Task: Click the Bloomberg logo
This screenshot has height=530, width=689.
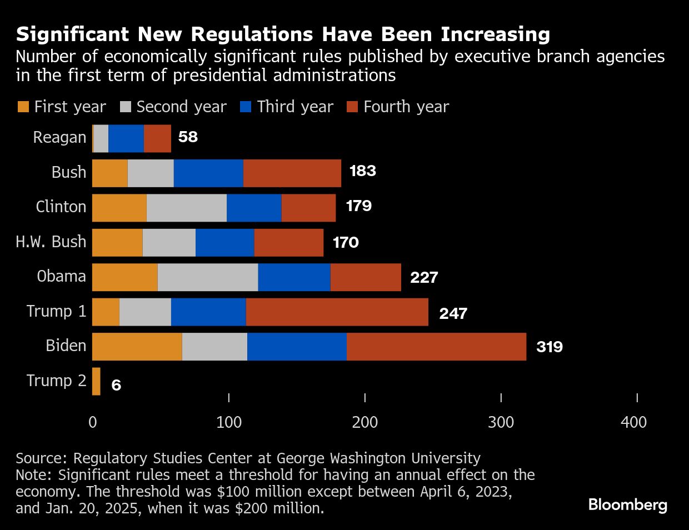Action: tap(627, 505)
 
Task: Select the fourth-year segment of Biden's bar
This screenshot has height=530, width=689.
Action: tap(436, 347)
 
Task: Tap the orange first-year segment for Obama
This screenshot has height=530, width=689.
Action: tap(124, 277)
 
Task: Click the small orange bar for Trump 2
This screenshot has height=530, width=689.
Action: tap(96, 382)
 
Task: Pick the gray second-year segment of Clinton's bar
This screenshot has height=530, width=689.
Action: tap(186, 208)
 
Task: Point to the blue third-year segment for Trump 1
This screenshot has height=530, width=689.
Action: tap(208, 312)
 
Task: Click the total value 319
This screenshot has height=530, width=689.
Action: tap(549, 347)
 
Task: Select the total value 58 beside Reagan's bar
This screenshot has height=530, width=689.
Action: tap(188, 137)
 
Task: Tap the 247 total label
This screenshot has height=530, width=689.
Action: tap(453, 313)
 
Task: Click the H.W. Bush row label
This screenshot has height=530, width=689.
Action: tap(51, 242)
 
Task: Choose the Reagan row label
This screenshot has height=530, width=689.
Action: tap(59, 137)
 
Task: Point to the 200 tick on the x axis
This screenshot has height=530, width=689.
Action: tap(365, 422)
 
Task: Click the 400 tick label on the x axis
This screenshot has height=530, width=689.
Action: tap(634, 422)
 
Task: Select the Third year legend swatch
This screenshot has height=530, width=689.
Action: tap(246, 107)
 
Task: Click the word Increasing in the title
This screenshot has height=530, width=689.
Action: tap(495, 34)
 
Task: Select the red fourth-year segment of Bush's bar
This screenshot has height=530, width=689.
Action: tap(292, 173)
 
